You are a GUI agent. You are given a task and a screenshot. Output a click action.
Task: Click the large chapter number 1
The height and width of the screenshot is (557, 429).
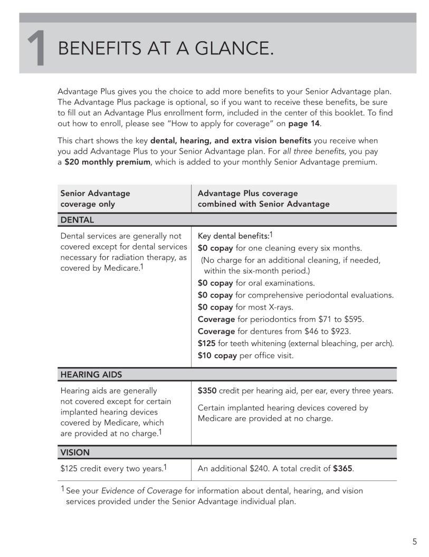click(36, 49)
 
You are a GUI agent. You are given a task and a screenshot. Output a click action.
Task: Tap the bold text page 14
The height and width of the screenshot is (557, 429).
click(304, 123)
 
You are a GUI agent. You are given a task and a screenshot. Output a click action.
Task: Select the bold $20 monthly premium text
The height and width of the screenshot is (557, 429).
click(108, 162)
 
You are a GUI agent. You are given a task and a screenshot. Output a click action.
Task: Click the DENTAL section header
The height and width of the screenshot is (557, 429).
click(77, 219)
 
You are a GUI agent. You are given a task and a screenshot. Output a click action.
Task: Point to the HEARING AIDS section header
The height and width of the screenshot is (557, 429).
click(91, 374)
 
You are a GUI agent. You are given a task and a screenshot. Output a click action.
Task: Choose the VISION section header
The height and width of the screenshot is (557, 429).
click(75, 453)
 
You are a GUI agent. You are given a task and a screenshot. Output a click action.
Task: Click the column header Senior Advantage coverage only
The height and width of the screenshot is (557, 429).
click(95, 198)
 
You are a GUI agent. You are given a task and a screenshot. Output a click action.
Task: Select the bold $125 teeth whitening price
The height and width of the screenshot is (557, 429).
click(207, 343)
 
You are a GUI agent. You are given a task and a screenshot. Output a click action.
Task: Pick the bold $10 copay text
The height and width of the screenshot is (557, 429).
click(217, 356)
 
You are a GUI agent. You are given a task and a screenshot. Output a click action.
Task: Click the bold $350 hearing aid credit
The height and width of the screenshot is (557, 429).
click(207, 391)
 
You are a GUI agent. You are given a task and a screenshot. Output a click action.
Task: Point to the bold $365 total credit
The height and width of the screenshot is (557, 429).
click(342, 468)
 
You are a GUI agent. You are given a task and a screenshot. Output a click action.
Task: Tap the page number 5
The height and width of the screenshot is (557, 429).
click(414, 542)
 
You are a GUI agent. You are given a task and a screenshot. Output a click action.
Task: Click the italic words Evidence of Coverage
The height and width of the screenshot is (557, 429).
click(141, 491)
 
